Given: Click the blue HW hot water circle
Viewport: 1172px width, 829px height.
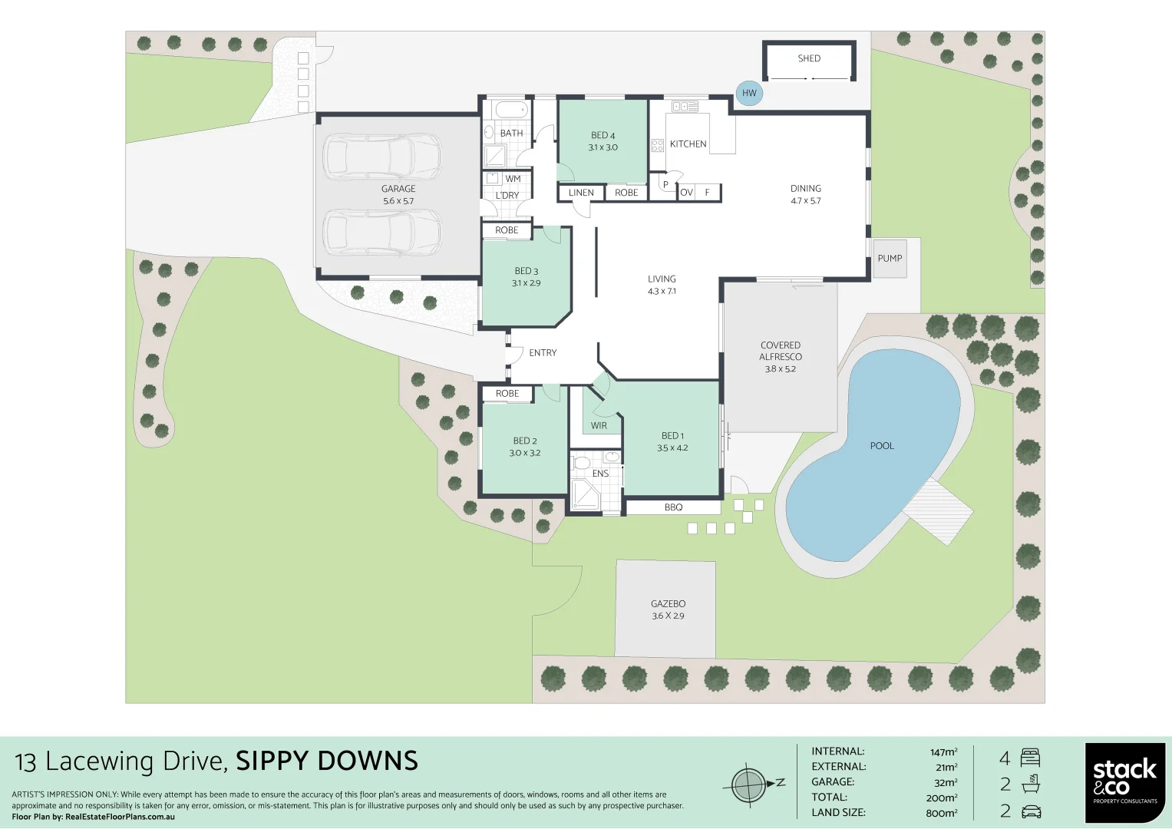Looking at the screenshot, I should pos(749,93).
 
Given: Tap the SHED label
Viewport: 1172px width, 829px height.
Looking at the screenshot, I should pos(809,58).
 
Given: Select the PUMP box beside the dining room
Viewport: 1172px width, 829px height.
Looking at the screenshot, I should pos(890,258).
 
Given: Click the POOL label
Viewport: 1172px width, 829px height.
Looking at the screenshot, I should pos(882,446).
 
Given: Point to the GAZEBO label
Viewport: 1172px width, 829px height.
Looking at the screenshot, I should pos(668,604).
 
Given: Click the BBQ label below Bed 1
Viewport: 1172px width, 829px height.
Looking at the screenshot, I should pos(673,507).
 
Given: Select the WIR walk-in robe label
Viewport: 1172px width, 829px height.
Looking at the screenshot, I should pos(599,426).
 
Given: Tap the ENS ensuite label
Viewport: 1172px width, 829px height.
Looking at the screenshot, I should pos(600,474).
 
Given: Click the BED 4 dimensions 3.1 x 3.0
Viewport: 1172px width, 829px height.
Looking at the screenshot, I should pos(603,147).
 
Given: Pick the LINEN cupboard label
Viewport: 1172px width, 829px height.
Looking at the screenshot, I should pos(581,193).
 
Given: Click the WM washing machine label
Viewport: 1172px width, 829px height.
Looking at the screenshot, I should pos(513,179).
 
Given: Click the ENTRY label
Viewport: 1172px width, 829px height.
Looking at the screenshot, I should pos(543,353).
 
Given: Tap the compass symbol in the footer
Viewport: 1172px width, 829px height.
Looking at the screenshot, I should pos(748,784).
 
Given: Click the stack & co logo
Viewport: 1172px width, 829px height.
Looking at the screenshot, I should pos(1124,783).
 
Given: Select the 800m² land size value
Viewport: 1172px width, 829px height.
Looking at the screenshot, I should pos(941,813).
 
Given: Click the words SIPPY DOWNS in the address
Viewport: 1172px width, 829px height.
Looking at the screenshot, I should pos(327,761).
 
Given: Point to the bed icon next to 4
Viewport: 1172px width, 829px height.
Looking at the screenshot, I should pos(1030,758).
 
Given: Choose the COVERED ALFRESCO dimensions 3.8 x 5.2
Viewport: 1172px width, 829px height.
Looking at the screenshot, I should pos(780,369).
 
